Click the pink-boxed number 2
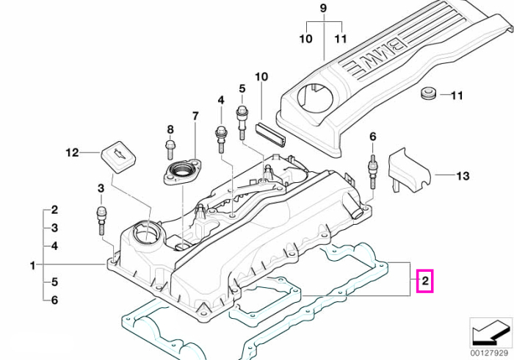pyautogui.click(x=425, y=281)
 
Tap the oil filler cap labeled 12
pyautogui.click(x=118, y=156)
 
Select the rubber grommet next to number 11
pyautogui.click(x=428, y=94)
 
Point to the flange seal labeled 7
pyautogui.click(x=181, y=172)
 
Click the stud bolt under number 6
pyautogui.click(x=373, y=172)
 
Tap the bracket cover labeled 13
pyautogui.click(x=410, y=171)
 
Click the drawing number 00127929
pyautogui.click(x=490, y=353)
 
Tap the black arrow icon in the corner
pyautogui.click(x=491, y=333)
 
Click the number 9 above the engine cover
pyautogui.click(x=323, y=8)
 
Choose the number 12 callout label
pyautogui.click(x=72, y=153)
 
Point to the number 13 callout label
pyautogui.click(x=463, y=176)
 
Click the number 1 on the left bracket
pyautogui.click(x=32, y=265)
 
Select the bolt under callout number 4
pyautogui.click(x=220, y=140)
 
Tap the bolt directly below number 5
pyautogui.click(x=242, y=123)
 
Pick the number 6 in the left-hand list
pyautogui.click(x=54, y=300)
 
